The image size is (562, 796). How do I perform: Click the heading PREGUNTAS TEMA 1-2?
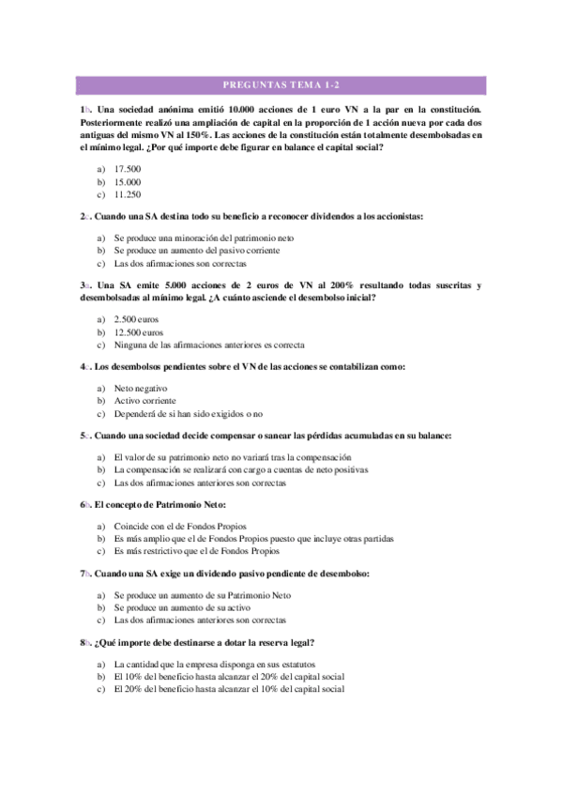click(x=280, y=85)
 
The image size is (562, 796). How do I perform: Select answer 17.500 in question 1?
click(x=127, y=168)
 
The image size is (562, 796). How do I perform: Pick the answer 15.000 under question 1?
click(x=127, y=181)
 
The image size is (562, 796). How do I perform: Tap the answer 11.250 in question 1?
click(x=127, y=194)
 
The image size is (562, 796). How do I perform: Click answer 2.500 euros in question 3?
click(x=138, y=319)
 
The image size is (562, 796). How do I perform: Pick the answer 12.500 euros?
click(x=140, y=332)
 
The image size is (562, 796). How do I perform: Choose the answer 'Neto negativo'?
click(x=140, y=388)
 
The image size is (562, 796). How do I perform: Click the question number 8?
click(x=84, y=642)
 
